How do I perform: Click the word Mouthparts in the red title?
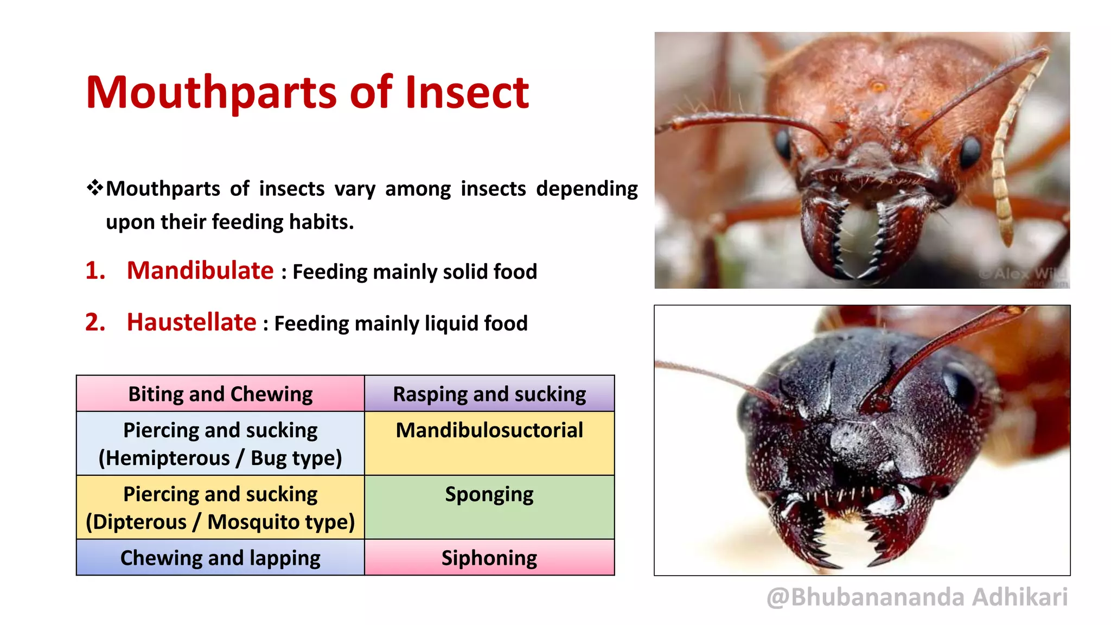point(212,93)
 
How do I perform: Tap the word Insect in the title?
point(467,93)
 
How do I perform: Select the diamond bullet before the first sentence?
point(94,188)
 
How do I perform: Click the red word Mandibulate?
point(200,270)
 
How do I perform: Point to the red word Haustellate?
point(191,322)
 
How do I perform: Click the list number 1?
point(95,271)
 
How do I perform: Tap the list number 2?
point(95,322)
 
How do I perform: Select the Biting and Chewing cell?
point(220,394)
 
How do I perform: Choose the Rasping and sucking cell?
point(489,394)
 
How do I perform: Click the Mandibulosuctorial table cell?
point(489,443)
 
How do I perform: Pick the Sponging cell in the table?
point(489,507)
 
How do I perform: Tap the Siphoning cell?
point(489,558)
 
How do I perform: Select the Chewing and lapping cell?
point(220,558)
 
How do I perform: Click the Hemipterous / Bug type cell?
point(220,444)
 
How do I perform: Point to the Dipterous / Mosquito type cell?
point(220,508)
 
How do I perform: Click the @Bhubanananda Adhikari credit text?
point(917,597)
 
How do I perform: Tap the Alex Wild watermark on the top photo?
point(1023,273)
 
